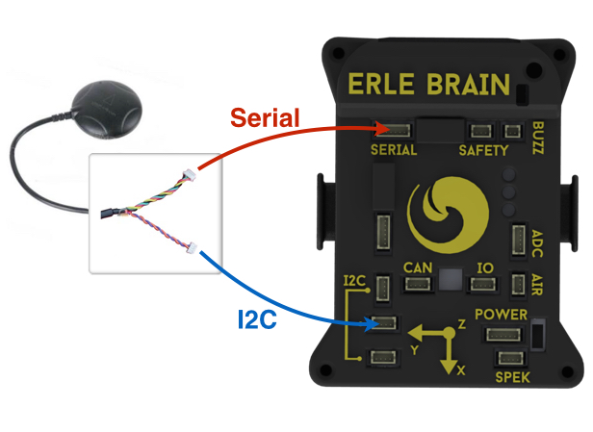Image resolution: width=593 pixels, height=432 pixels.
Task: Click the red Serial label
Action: click(265, 118)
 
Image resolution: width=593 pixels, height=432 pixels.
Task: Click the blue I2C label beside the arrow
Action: click(257, 318)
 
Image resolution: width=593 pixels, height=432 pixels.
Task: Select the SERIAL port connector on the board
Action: click(397, 129)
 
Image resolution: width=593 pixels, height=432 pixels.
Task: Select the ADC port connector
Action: click(519, 240)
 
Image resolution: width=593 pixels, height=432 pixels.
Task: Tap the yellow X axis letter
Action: click(462, 370)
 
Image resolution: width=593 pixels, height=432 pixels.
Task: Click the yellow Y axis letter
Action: click(414, 350)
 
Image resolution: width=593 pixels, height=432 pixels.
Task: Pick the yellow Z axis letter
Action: click(461, 325)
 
